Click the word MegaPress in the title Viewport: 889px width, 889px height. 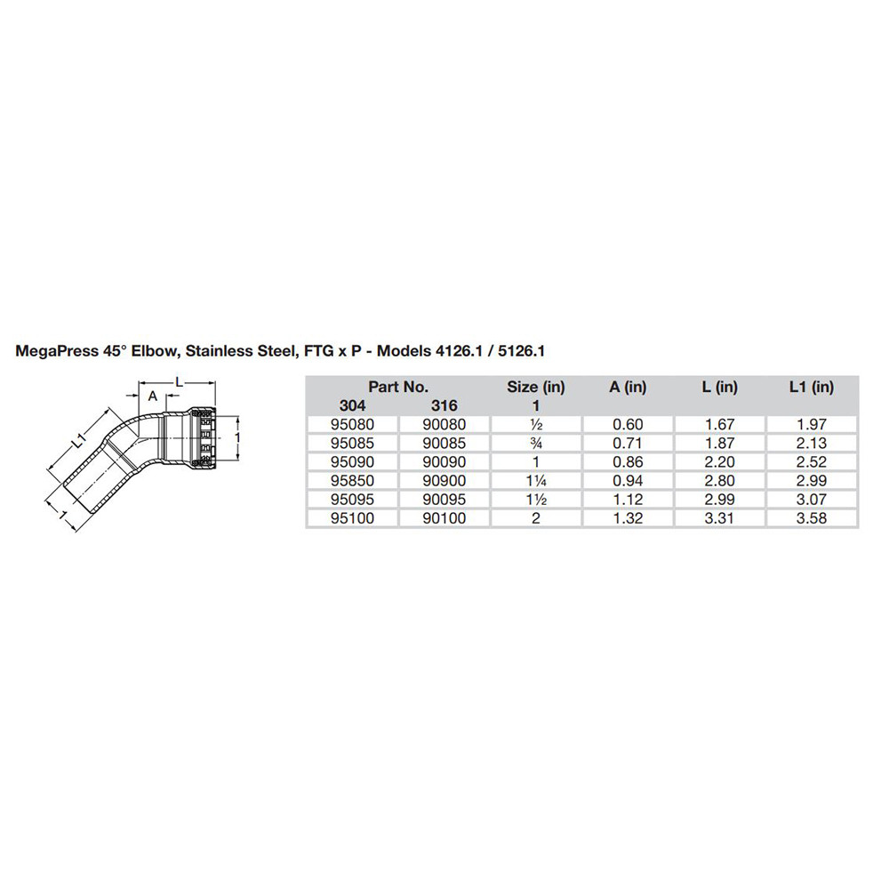55,351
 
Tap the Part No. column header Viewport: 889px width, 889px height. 398,387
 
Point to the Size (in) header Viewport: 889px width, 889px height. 536,387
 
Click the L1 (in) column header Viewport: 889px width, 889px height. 812,387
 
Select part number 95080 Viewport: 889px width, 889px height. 351,425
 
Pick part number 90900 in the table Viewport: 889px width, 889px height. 444,481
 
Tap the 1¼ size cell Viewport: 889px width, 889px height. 536,481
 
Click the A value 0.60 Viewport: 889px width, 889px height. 628,425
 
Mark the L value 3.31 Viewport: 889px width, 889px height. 719,517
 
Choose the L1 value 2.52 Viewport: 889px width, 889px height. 812,462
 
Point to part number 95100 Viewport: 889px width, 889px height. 351,517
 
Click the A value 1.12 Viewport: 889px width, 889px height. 628,499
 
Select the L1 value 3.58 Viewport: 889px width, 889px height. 812,517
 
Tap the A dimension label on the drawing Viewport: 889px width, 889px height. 152,396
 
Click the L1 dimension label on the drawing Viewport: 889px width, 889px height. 78,438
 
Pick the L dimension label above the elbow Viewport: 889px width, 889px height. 179,381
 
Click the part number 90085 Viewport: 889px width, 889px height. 444,444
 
